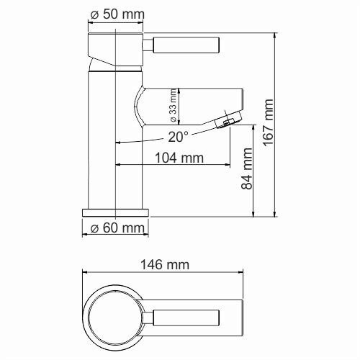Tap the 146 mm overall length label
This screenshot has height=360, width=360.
165,264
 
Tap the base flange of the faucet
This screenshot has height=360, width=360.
115,212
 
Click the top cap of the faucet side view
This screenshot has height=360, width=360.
115,45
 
